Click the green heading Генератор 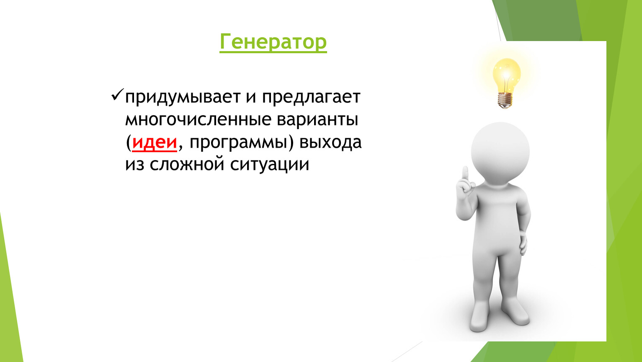(x=273, y=42)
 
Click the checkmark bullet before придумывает (x=117, y=95)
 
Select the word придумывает (x=183, y=98)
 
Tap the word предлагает (x=311, y=98)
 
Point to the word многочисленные (x=199, y=119)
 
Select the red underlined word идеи (x=155, y=142)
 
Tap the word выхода (x=330, y=142)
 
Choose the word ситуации (x=270, y=165)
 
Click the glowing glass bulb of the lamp (x=507, y=75)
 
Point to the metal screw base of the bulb (x=505, y=101)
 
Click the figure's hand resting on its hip (x=523, y=243)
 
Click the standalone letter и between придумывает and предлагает (x=251, y=98)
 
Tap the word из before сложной (x=135, y=165)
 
